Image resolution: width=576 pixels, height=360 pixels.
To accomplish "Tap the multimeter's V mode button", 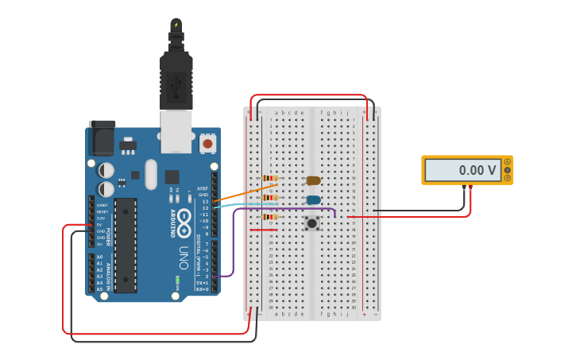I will [x=507, y=170].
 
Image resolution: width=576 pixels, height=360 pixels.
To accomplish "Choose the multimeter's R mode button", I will [x=507, y=178].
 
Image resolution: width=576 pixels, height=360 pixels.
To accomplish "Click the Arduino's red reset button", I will [x=207, y=144].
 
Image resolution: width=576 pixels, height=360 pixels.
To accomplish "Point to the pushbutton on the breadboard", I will [x=312, y=223].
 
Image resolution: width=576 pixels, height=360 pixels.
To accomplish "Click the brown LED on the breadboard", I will [x=313, y=180].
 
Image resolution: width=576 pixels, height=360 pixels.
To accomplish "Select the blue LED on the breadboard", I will [x=313, y=199].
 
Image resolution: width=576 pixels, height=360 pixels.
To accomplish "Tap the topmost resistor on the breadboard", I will [x=270, y=178].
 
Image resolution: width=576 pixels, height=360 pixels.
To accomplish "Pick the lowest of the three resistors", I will [x=270, y=216].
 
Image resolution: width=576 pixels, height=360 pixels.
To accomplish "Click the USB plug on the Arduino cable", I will [x=176, y=79].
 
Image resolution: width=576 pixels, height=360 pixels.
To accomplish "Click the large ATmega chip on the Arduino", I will [x=126, y=245].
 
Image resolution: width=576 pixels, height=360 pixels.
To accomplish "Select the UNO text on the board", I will [x=184, y=257].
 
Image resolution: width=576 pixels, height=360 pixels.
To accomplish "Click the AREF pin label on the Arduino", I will [x=203, y=188].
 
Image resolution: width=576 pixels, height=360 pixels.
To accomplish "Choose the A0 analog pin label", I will [x=99, y=257].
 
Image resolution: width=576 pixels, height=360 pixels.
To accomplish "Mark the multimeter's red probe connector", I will [x=471, y=188].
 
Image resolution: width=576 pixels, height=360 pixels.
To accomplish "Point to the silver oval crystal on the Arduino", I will [x=151, y=174].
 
